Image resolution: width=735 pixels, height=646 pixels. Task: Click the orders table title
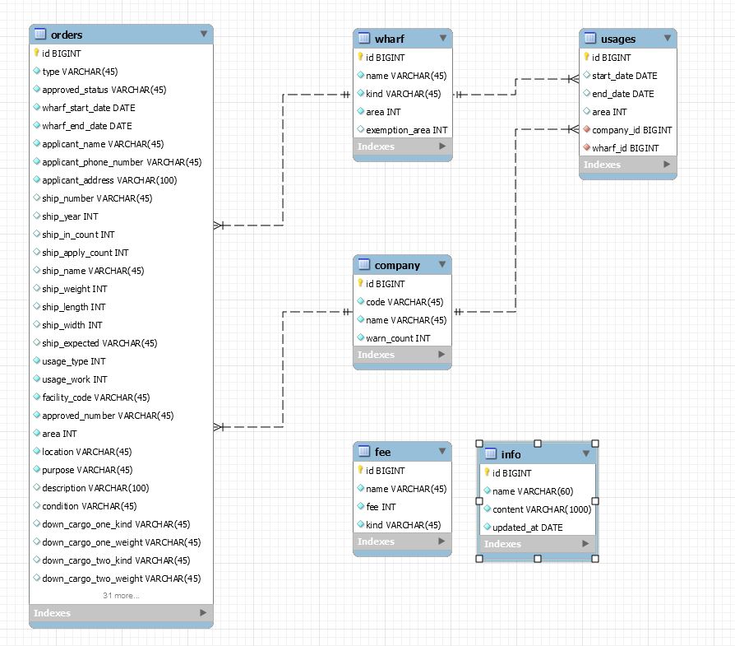[67, 35]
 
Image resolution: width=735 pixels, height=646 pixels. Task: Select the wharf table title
[389, 39]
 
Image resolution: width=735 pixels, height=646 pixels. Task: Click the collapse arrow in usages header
[668, 39]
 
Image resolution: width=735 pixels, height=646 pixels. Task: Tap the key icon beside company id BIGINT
[360, 284]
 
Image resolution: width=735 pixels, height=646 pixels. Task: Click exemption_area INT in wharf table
[406, 130]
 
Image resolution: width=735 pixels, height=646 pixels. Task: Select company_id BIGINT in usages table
[631, 130]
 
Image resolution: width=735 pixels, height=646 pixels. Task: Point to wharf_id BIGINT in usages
[625, 148]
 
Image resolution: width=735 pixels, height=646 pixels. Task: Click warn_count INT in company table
[398, 338]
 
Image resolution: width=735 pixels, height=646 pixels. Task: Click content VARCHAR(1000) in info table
[542, 509]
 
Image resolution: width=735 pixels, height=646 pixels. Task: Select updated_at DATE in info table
[528, 527]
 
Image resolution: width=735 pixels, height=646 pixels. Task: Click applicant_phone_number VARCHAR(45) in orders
[122, 162]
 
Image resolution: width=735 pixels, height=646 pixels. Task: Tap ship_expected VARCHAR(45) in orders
[99, 343]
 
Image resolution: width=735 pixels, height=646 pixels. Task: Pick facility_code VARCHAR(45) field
[95, 397]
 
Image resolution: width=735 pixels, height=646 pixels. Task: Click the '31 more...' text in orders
[121, 595]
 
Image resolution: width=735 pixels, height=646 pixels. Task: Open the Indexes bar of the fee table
[402, 541]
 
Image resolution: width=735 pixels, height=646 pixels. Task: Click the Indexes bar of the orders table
[121, 613]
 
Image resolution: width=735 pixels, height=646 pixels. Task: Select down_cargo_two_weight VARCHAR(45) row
[121, 579]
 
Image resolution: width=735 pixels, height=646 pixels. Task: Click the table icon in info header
[490, 454]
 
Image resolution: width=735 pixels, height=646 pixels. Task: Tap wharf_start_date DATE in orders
[89, 108]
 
